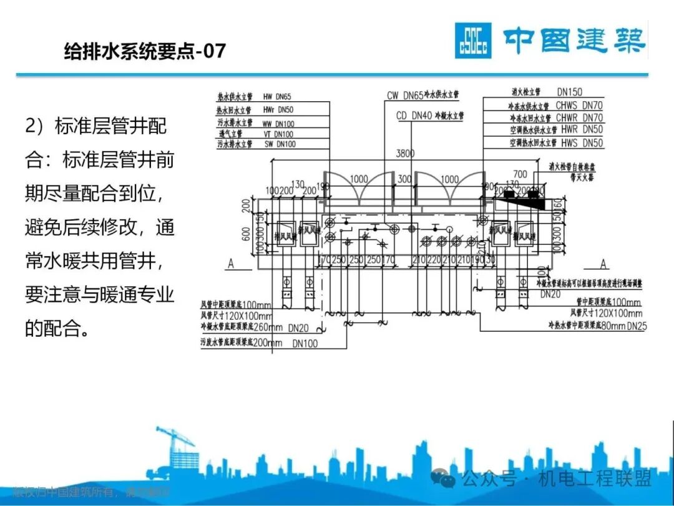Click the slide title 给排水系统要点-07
145,51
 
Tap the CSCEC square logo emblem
472,41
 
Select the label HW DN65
277,97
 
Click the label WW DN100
278,124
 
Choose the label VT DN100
278,134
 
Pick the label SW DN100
278,144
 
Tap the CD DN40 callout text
414,116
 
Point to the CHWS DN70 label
579,106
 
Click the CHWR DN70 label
579,118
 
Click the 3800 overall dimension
406,154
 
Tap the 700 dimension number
519,174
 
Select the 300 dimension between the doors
404,179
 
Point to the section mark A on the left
230,264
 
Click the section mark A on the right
603,264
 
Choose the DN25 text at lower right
637,325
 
